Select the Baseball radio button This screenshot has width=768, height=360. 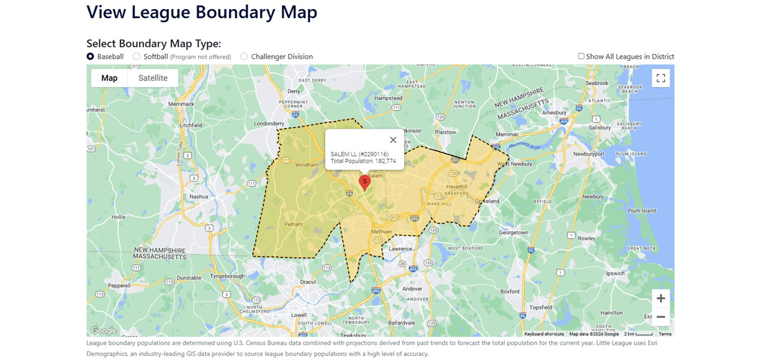(x=91, y=57)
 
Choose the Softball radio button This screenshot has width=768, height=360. (x=137, y=57)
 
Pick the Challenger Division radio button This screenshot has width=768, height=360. (x=244, y=57)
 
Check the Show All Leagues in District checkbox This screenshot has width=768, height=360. (x=581, y=57)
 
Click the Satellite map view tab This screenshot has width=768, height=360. (x=153, y=78)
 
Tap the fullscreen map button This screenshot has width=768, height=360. (x=661, y=78)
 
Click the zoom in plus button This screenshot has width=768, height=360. (x=661, y=298)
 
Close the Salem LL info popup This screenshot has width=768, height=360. (x=393, y=140)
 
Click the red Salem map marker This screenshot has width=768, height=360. (x=365, y=182)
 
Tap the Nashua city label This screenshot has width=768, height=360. (x=199, y=197)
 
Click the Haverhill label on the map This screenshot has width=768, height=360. (x=457, y=187)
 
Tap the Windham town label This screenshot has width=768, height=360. (x=307, y=165)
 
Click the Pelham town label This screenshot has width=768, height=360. (x=293, y=224)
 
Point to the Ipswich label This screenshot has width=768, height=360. (x=614, y=273)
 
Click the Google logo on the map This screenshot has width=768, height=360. (x=104, y=331)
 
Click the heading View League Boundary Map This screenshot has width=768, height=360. (x=202, y=12)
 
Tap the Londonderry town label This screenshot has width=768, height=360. (x=270, y=125)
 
